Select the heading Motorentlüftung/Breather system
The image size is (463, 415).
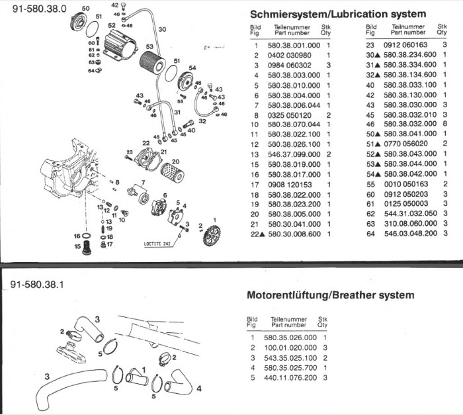pos(330,295)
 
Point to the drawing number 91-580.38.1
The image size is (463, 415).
pos(40,285)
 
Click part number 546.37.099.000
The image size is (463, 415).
pos(294,154)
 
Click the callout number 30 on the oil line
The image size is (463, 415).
pos(162,29)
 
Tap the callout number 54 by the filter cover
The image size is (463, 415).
pos(192,68)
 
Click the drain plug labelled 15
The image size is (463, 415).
pos(84,246)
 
